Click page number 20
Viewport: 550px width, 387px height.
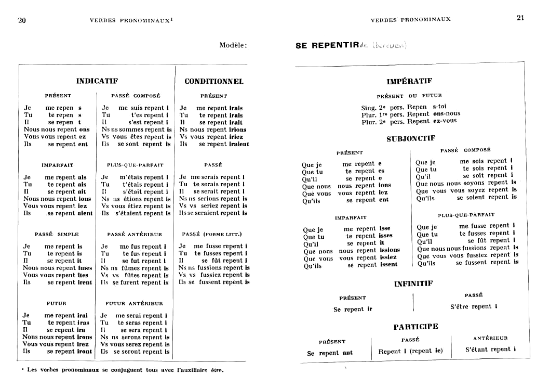tap(22, 20)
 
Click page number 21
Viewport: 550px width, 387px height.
tap(520, 18)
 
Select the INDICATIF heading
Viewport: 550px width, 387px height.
tap(97, 81)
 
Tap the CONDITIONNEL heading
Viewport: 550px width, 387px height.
tap(214, 82)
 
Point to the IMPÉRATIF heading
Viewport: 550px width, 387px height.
tap(409, 82)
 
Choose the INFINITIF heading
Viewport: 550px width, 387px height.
tap(413, 284)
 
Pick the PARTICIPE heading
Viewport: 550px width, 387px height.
tap(415, 327)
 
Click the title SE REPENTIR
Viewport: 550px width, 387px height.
tap(327, 46)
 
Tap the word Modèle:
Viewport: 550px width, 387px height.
tap(233, 45)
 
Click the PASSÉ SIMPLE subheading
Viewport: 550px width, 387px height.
tap(57, 235)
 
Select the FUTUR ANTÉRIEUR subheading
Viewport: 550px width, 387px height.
tap(134, 303)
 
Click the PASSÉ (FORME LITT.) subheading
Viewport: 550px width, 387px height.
tap(212, 234)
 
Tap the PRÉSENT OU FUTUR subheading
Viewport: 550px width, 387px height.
tap(409, 96)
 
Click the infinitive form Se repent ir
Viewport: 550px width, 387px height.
tap(353, 309)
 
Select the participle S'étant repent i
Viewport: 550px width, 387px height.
tap(490, 350)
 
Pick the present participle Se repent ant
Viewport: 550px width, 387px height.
tap(330, 353)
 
